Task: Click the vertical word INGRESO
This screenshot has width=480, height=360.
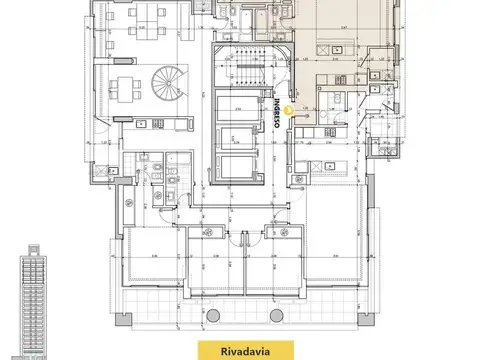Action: tap(277, 116)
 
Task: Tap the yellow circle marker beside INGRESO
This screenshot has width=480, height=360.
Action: tap(288, 112)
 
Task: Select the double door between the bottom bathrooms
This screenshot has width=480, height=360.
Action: tap(240, 236)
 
